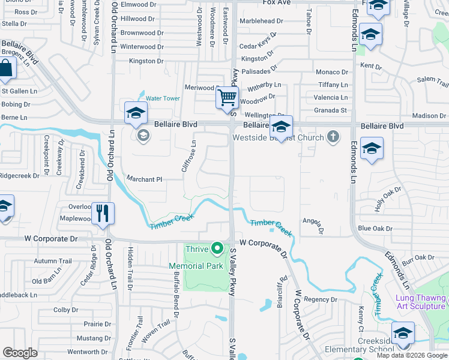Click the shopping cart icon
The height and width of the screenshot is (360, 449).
click(228, 97)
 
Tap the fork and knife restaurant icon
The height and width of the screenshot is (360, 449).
click(102, 212)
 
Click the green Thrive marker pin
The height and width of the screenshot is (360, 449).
click(217, 248)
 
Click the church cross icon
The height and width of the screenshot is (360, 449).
click(332, 137)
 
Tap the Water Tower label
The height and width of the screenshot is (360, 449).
click(163, 98)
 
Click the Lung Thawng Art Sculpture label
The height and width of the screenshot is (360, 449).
click(421, 302)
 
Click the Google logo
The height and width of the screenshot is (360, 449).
click(20, 352)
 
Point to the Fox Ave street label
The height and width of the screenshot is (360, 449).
click(277, 3)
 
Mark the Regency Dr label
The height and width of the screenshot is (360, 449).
click(321, 299)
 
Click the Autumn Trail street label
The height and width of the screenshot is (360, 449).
click(53, 261)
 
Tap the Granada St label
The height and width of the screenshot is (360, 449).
click(330, 110)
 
